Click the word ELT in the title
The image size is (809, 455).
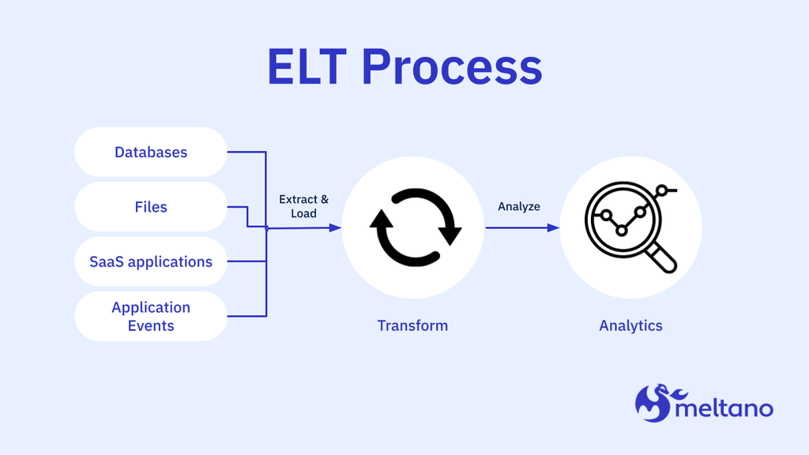[x=307, y=67]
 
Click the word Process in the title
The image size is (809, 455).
[x=452, y=67]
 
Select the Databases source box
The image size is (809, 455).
[x=151, y=152]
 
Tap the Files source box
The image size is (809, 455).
[x=151, y=207]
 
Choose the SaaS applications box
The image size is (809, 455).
[x=151, y=261]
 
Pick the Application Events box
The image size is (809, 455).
[x=151, y=316]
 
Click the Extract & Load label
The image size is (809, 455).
[x=303, y=207]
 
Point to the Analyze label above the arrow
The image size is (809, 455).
[x=519, y=206]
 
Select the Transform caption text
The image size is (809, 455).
[x=412, y=325]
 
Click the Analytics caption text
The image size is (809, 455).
[x=630, y=325]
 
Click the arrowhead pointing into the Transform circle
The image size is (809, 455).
[x=336, y=227]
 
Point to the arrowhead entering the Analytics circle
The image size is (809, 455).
[x=554, y=227]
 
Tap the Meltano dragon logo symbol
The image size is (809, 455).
[x=653, y=403]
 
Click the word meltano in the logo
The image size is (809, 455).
[x=724, y=408]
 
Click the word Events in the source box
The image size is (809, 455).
[x=151, y=325]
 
